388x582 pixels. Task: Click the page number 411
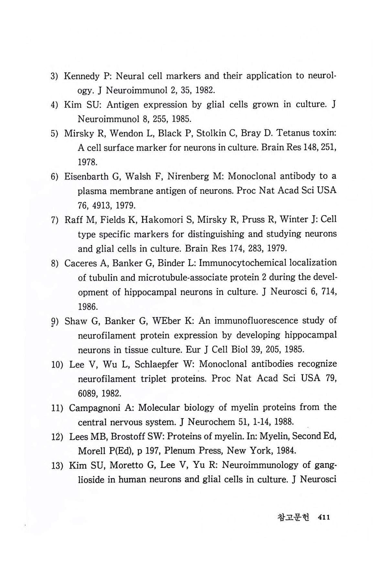pyautogui.click(x=324, y=518)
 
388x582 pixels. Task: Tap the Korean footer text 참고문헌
pyautogui.click(x=293, y=518)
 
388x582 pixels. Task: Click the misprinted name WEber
pyautogui.click(x=167, y=321)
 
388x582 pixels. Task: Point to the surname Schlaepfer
pyautogui.click(x=156, y=365)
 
